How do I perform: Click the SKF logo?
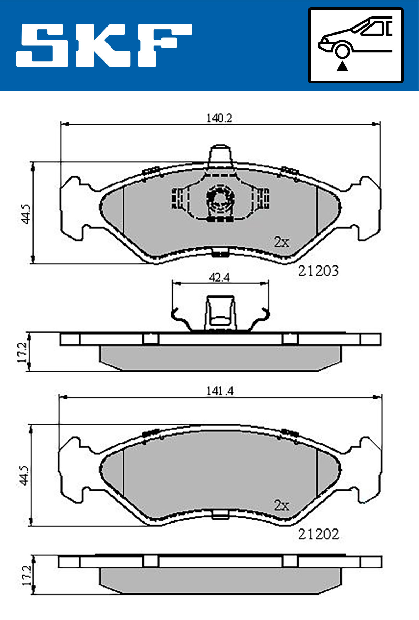click(104, 45)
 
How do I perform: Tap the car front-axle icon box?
click(355, 45)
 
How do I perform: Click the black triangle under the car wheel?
click(343, 66)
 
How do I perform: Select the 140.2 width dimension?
click(219, 118)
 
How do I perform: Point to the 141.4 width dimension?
click(220, 391)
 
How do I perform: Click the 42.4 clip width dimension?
click(219, 278)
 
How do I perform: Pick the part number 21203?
click(318, 271)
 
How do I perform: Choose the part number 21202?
click(318, 534)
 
